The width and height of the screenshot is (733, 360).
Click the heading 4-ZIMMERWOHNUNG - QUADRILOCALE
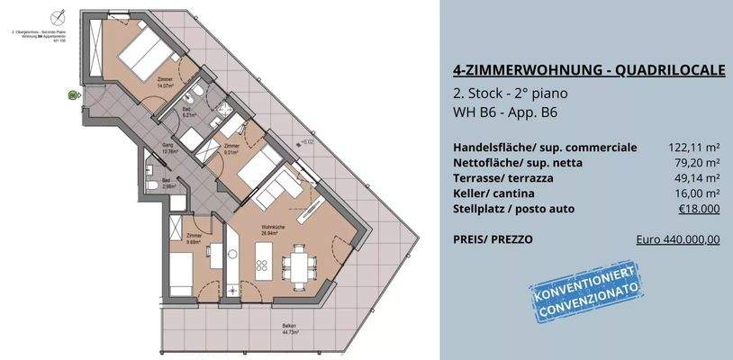[586, 71]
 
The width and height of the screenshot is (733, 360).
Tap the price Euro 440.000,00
[677, 240]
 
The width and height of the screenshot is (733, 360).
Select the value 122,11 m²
[692, 148]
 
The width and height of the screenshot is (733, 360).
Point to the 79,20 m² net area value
[696, 163]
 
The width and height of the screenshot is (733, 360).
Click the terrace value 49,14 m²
[696, 178]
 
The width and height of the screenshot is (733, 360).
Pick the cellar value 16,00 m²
[696, 193]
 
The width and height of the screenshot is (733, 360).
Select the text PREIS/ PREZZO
[494, 240]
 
